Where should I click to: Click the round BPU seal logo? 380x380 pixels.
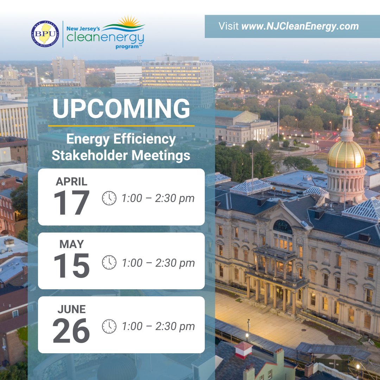coord(45,34)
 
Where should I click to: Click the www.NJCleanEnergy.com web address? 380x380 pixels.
coord(300,26)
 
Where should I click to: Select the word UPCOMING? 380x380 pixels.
coord(121,109)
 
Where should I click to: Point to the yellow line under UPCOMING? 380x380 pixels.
coord(121,125)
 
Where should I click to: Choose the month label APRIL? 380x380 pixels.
coord(72,182)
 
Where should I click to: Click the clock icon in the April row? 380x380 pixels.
coord(109,198)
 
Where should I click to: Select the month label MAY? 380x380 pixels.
coord(71,244)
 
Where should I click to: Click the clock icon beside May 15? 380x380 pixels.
coord(109,262)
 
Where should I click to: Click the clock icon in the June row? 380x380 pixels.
coord(109,327)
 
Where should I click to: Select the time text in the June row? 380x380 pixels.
coord(158,327)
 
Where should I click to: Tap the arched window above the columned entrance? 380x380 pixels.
coord(283,227)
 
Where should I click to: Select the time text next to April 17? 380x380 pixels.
coord(158,198)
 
